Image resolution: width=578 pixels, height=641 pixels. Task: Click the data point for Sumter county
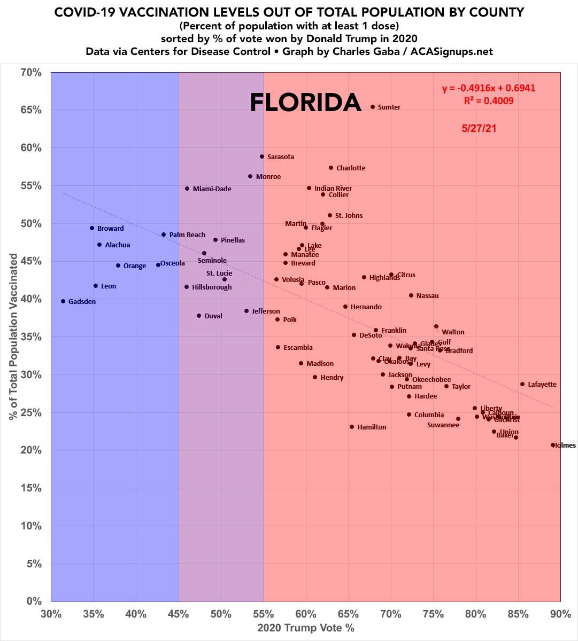click(x=373, y=107)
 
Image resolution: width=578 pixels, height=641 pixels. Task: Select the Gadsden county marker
click(x=63, y=301)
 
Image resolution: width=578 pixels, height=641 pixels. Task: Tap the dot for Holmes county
click(x=553, y=445)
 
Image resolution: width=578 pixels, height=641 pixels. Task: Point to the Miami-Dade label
click(x=212, y=189)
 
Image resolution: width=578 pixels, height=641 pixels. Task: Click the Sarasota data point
click(x=262, y=157)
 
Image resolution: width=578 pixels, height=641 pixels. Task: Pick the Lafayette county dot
click(x=522, y=384)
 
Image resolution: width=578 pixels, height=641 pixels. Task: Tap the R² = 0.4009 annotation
click(x=489, y=100)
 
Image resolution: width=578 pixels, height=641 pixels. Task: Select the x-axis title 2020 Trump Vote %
click(x=306, y=628)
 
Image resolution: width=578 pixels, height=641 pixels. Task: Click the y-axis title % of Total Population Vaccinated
click(x=13, y=337)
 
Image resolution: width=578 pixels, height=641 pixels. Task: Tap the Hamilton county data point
click(x=352, y=427)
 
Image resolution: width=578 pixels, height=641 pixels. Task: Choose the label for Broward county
click(x=110, y=229)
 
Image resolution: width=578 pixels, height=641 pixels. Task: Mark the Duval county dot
click(x=199, y=316)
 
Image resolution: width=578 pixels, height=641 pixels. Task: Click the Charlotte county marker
click(x=331, y=168)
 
